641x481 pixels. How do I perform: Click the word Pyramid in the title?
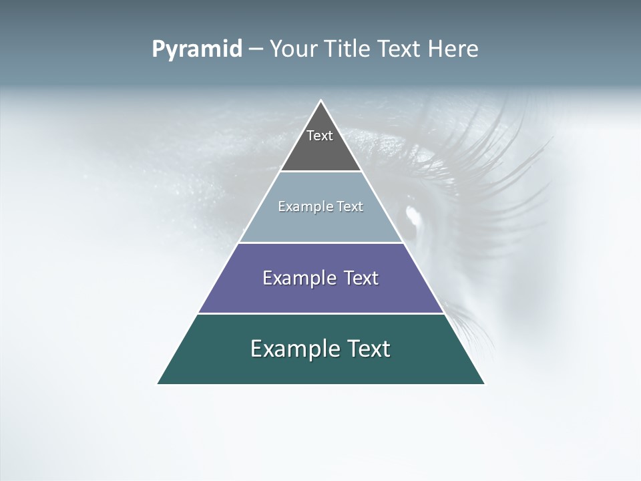pyautogui.click(x=197, y=49)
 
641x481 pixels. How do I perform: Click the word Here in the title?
pyautogui.click(x=453, y=49)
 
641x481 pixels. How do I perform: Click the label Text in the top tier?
pyautogui.click(x=320, y=136)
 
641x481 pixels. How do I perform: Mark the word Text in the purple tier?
pyautogui.click(x=363, y=278)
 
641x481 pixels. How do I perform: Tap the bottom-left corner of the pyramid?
pyautogui.click(x=158, y=383)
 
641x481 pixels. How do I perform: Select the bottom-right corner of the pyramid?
pyautogui.click(x=483, y=383)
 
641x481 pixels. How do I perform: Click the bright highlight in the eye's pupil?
pyautogui.click(x=412, y=215)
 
